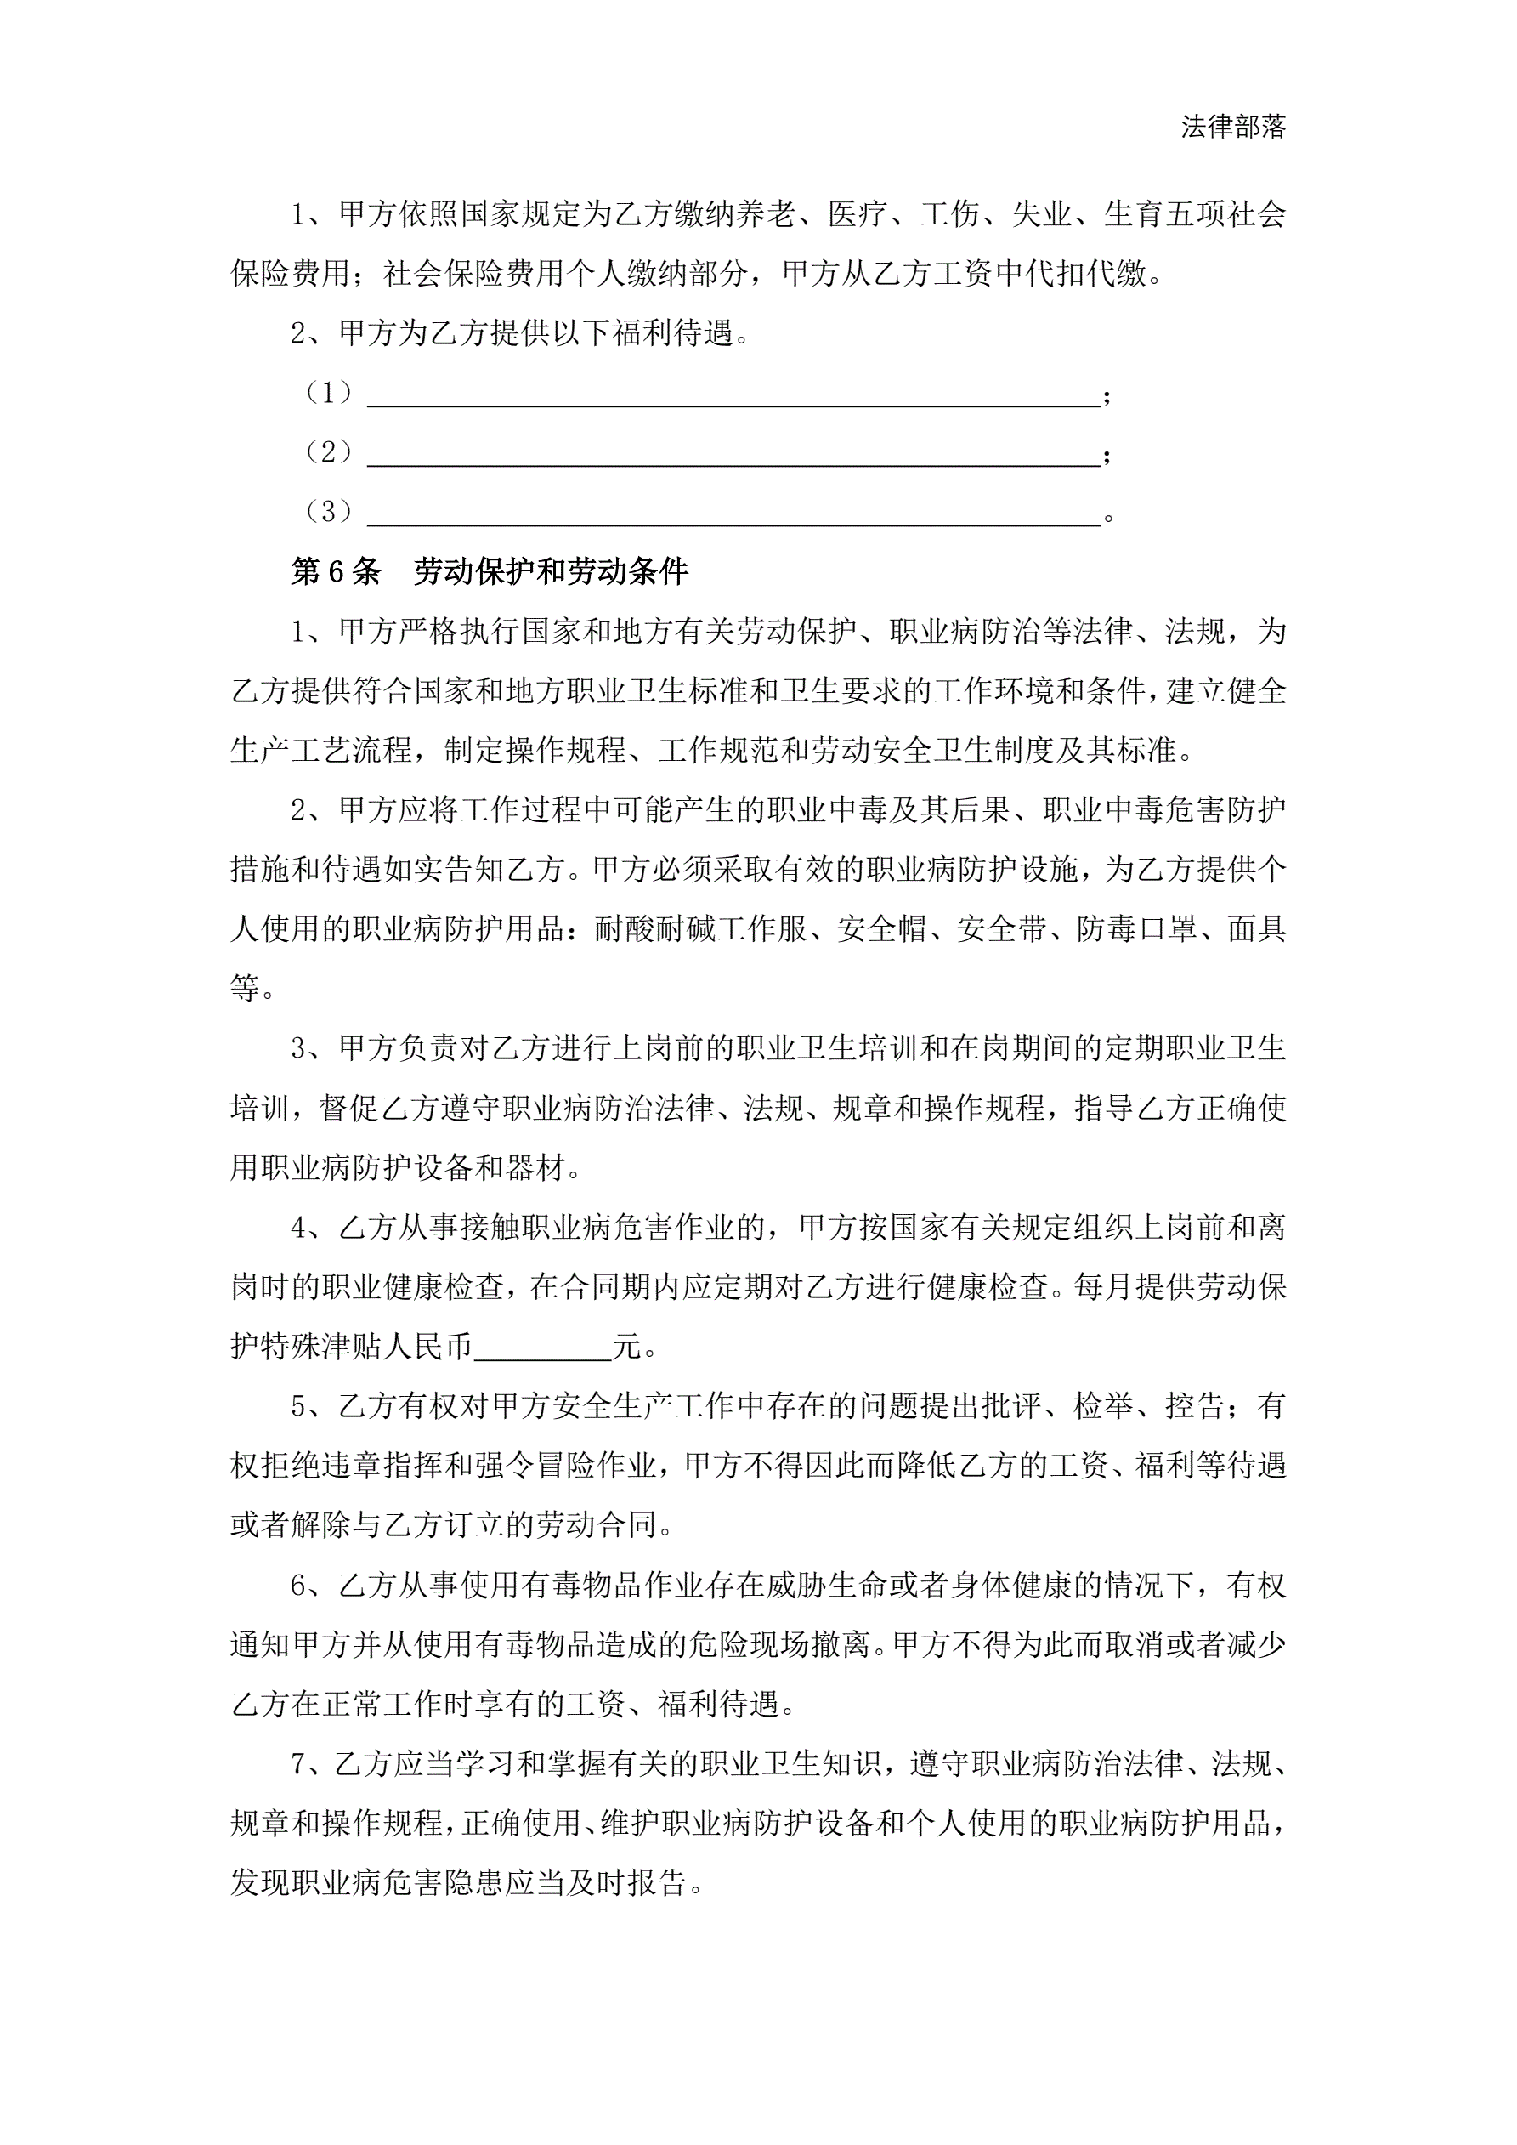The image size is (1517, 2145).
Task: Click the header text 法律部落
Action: coord(1232,127)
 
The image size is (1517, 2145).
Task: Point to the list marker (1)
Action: coord(329,394)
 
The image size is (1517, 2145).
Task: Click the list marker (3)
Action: coord(329,512)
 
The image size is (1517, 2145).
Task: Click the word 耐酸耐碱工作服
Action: coord(700,928)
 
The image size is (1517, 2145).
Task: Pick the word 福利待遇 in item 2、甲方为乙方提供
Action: coord(672,333)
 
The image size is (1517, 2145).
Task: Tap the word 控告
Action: coord(1195,1406)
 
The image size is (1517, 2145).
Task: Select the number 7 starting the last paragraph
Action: coord(298,1764)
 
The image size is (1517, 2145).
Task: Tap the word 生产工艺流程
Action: coord(321,749)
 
